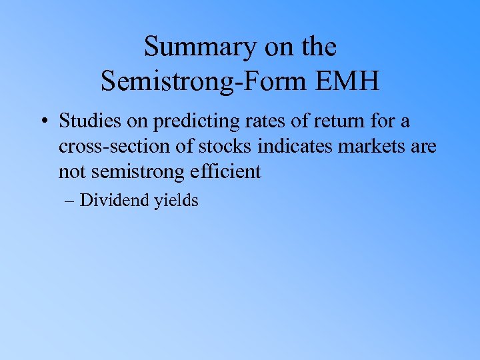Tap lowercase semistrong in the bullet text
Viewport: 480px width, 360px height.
(x=139, y=171)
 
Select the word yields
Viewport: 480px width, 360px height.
(x=177, y=201)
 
